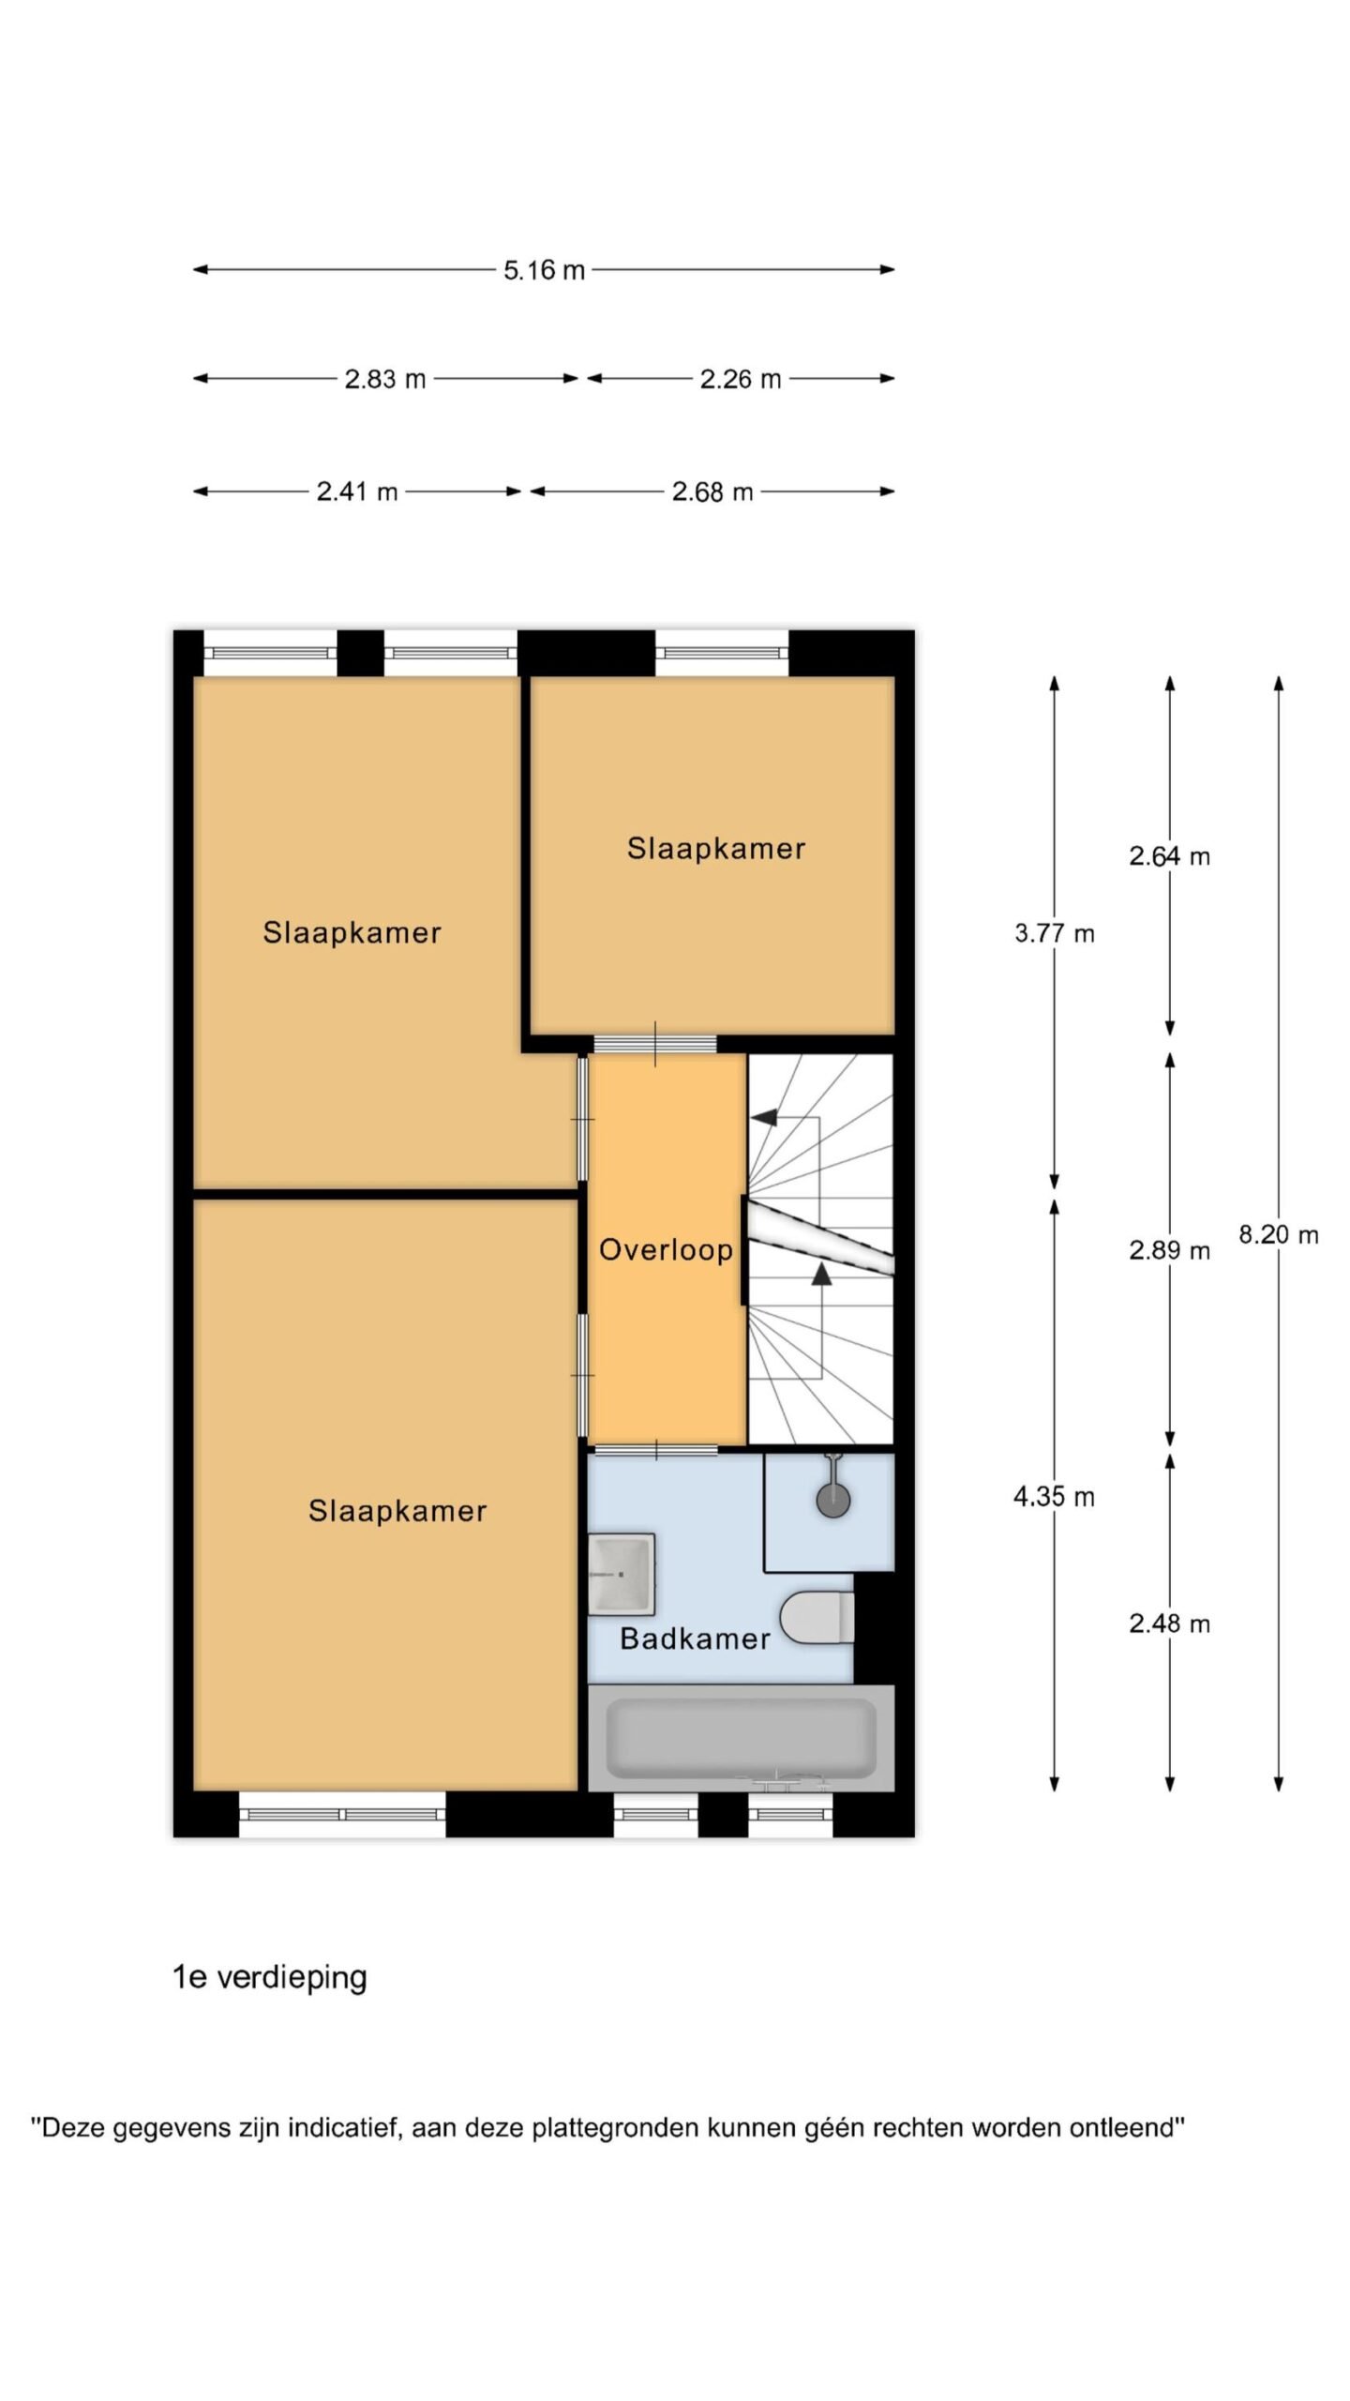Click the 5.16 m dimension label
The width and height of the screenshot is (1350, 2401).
click(544, 270)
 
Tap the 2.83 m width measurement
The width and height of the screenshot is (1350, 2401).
click(384, 379)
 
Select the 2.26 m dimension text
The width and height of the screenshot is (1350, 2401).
click(740, 379)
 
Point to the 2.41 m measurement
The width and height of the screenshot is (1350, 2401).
click(356, 491)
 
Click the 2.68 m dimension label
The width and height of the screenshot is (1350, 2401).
click(712, 491)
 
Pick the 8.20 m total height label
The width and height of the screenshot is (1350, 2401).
click(1279, 1234)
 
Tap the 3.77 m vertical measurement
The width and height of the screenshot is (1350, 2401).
click(1055, 933)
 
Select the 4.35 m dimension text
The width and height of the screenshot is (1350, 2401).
click(1054, 1496)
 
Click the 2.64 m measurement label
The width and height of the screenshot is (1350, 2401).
click(1169, 856)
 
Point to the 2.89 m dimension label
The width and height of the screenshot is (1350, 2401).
click(1169, 1250)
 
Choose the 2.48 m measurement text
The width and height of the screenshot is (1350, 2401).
click(1169, 1623)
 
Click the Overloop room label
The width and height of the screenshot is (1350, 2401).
click(666, 1249)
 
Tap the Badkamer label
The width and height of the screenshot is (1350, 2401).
click(695, 1638)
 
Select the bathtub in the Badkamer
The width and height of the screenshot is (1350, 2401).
click(741, 1738)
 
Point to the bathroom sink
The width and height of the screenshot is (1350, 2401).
click(621, 1575)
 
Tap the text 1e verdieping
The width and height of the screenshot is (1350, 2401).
click(270, 1978)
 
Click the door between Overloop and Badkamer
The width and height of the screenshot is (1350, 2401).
click(656, 1450)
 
